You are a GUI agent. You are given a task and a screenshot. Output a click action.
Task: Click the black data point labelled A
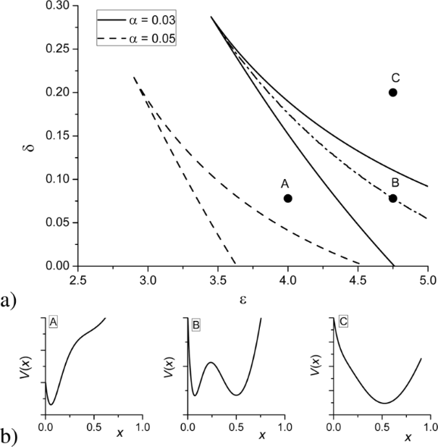click(x=288, y=199)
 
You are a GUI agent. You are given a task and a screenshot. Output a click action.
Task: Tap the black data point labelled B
click(x=393, y=199)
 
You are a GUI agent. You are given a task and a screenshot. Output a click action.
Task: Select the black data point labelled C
click(x=393, y=93)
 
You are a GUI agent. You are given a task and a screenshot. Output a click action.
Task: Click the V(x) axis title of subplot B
click(x=169, y=367)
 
